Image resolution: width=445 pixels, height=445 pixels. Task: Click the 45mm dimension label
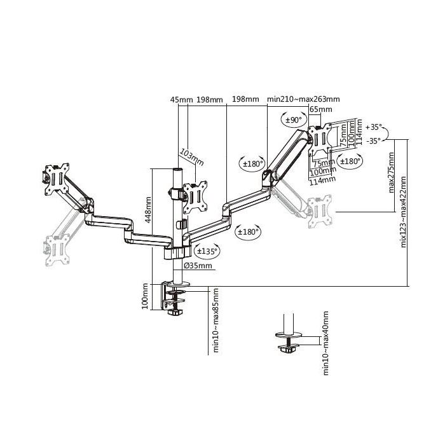[x=181, y=99]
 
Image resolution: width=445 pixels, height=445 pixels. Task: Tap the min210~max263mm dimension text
[x=303, y=99]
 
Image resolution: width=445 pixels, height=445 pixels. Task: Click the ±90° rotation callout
[x=293, y=119]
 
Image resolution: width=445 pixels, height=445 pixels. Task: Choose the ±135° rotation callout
[x=207, y=251]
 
